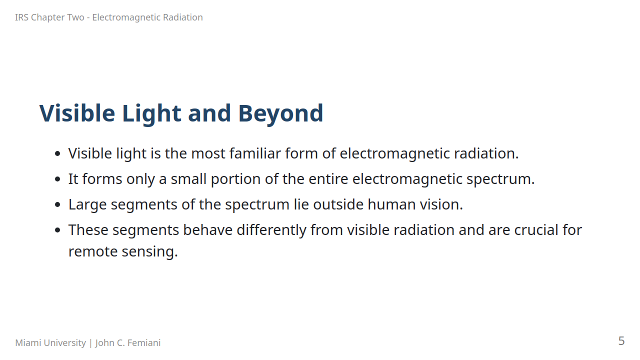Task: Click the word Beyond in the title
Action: (x=280, y=113)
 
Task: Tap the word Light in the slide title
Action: (x=151, y=113)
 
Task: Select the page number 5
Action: (x=621, y=341)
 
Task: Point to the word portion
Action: (x=235, y=179)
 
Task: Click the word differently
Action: (x=271, y=230)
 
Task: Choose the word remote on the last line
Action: (x=93, y=252)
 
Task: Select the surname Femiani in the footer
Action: (x=144, y=342)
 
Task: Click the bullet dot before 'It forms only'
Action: (x=57, y=179)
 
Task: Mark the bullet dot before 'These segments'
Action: (x=57, y=230)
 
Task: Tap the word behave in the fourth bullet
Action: (x=207, y=230)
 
